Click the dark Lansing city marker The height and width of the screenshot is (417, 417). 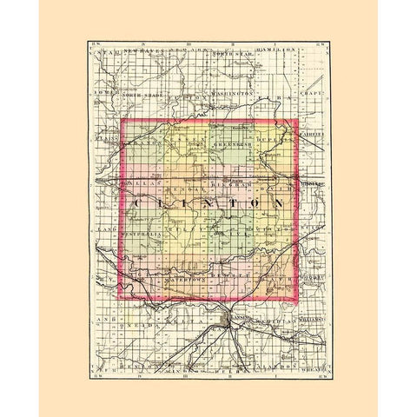pyautogui.click(x=228, y=322)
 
